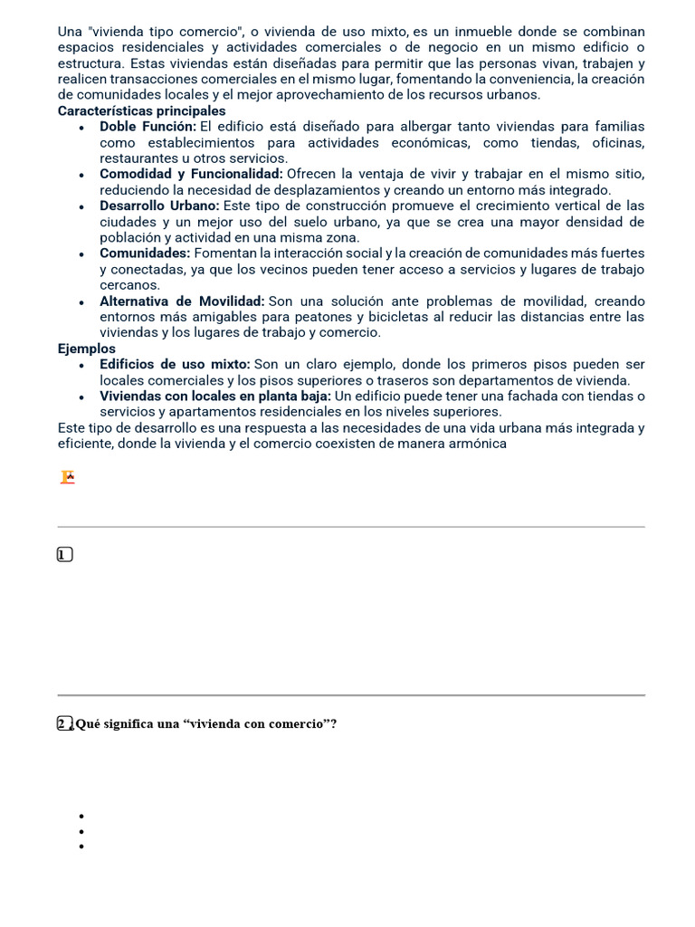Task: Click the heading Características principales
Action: [141, 110]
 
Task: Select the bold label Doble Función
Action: [148, 127]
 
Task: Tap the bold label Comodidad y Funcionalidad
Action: [191, 174]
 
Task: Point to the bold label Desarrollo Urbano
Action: [159, 205]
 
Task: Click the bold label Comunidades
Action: [145, 253]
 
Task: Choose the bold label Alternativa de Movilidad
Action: [182, 301]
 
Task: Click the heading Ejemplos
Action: [87, 349]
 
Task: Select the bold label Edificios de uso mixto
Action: [175, 364]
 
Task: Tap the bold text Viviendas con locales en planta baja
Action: [215, 396]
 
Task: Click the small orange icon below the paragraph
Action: [67, 477]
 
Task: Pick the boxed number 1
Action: [64, 555]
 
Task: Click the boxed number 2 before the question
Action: [63, 723]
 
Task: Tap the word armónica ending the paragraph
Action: [477, 444]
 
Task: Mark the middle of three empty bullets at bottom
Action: [81, 831]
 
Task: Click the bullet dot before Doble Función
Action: [81, 128]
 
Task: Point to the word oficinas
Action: [618, 143]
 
